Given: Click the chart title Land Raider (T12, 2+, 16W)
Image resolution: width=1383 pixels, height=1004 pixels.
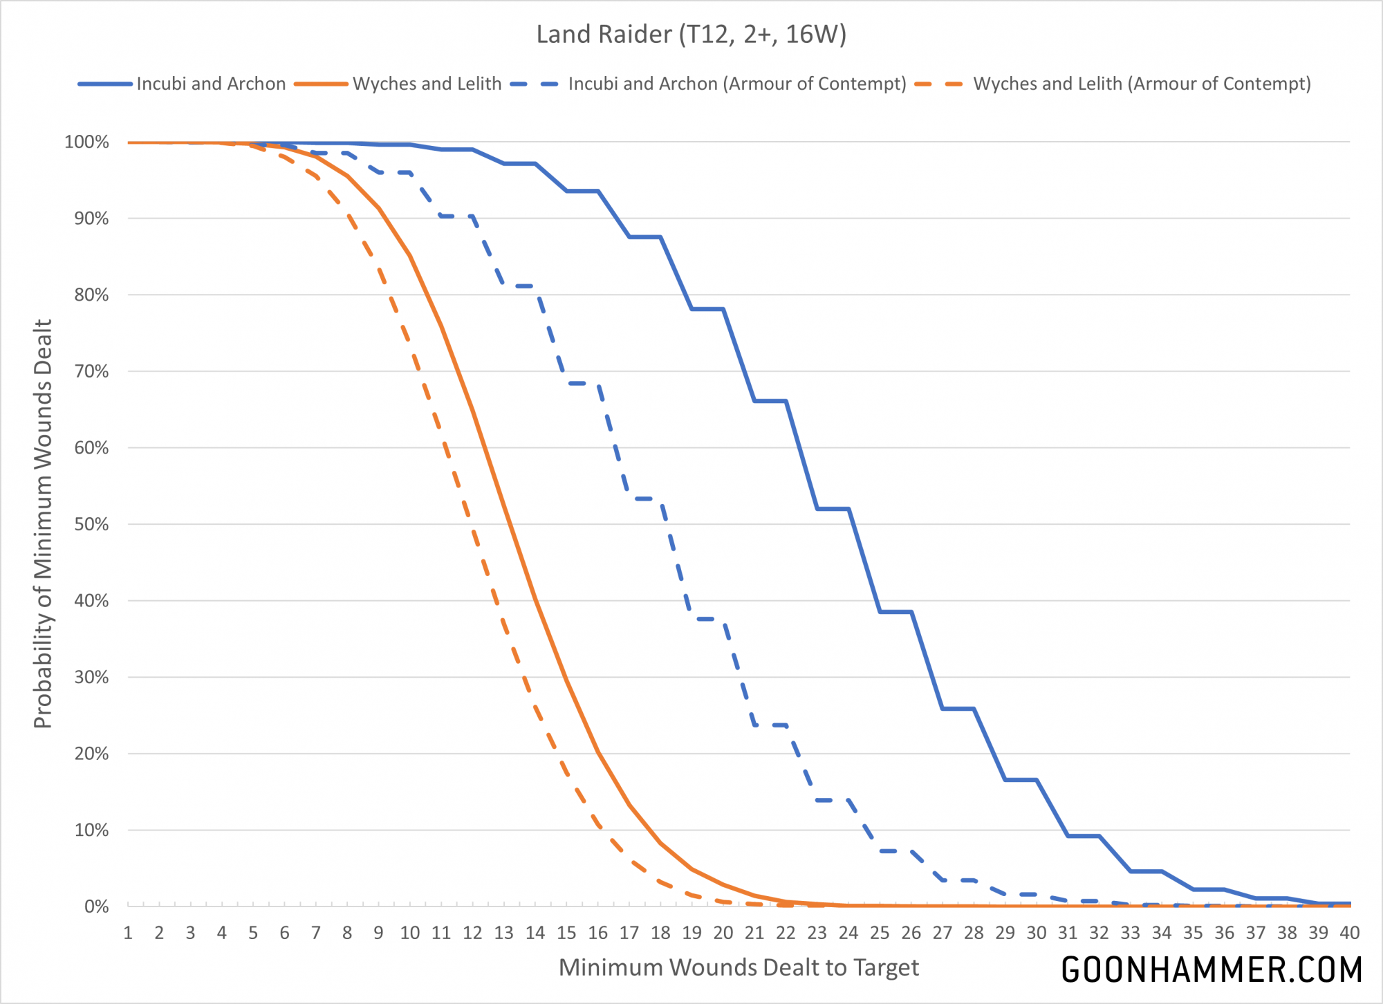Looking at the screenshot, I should click(x=691, y=35).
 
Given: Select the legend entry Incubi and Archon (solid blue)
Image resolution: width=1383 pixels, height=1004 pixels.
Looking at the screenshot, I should click(x=210, y=84).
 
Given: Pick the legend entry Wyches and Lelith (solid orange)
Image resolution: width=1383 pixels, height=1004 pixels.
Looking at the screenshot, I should click(x=427, y=84).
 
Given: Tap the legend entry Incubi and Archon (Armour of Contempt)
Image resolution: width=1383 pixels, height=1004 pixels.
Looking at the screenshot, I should click(x=736, y=84).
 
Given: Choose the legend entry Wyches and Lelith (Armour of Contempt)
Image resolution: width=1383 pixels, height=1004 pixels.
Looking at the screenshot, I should click(x=1142, y=84).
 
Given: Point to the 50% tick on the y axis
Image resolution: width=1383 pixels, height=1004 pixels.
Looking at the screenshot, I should click(x=91, y=524).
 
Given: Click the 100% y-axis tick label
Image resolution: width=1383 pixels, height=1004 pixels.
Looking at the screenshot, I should click(x=86, y=142).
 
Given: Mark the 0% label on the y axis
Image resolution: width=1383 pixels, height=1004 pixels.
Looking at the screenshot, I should click(x=96, y=907).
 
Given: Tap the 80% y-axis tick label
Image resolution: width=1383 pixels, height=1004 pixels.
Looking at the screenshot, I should click(x=91, y=295).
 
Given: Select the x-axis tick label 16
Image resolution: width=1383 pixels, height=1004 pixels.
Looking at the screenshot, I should click(x=597, y=933).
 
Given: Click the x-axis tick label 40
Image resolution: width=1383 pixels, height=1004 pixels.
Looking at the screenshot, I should click(x=1349, y=933).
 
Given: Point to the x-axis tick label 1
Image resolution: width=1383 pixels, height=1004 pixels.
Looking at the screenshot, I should click(x=128, y=933).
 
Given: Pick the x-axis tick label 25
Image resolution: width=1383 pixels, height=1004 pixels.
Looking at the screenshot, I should click(x=880, y=933).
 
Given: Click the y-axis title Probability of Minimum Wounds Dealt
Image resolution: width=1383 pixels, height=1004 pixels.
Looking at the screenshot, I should click(x=43, y=524).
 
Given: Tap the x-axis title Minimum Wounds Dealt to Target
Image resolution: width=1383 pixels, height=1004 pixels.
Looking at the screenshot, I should click(x=739, y=967).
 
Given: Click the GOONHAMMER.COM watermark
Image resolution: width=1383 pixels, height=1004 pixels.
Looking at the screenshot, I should click(x=1212, y=969).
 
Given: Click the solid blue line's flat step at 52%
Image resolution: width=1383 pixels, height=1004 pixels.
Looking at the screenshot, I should click(x=833, y=509).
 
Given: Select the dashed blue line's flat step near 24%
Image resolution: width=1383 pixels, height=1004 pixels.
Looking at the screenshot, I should click(x=770, y=725).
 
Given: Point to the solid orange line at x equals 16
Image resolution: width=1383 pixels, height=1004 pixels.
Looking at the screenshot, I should click(x=597, y=752).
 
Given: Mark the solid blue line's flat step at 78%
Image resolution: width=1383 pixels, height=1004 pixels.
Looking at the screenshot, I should click(x=707, y=309).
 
